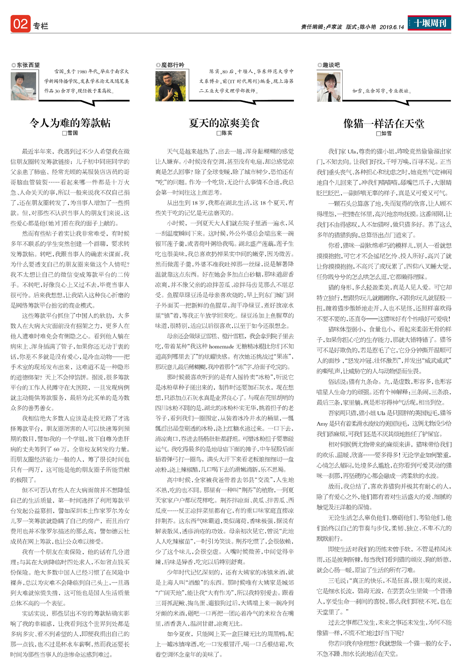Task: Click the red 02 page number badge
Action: pos(20,24)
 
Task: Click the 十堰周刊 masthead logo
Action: pos(429,23)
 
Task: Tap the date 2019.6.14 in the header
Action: pos(391,27)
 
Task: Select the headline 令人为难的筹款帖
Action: pos(70,123)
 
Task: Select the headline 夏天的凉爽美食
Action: pos(224,123)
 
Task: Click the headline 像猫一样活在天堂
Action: pos(384,123)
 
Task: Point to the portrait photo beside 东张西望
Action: pos(23,87)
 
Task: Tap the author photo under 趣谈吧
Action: pos(329,87)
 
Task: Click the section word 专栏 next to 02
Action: pos(40,26)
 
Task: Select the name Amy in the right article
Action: pos(322,424)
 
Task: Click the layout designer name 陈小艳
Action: pos(368,27)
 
